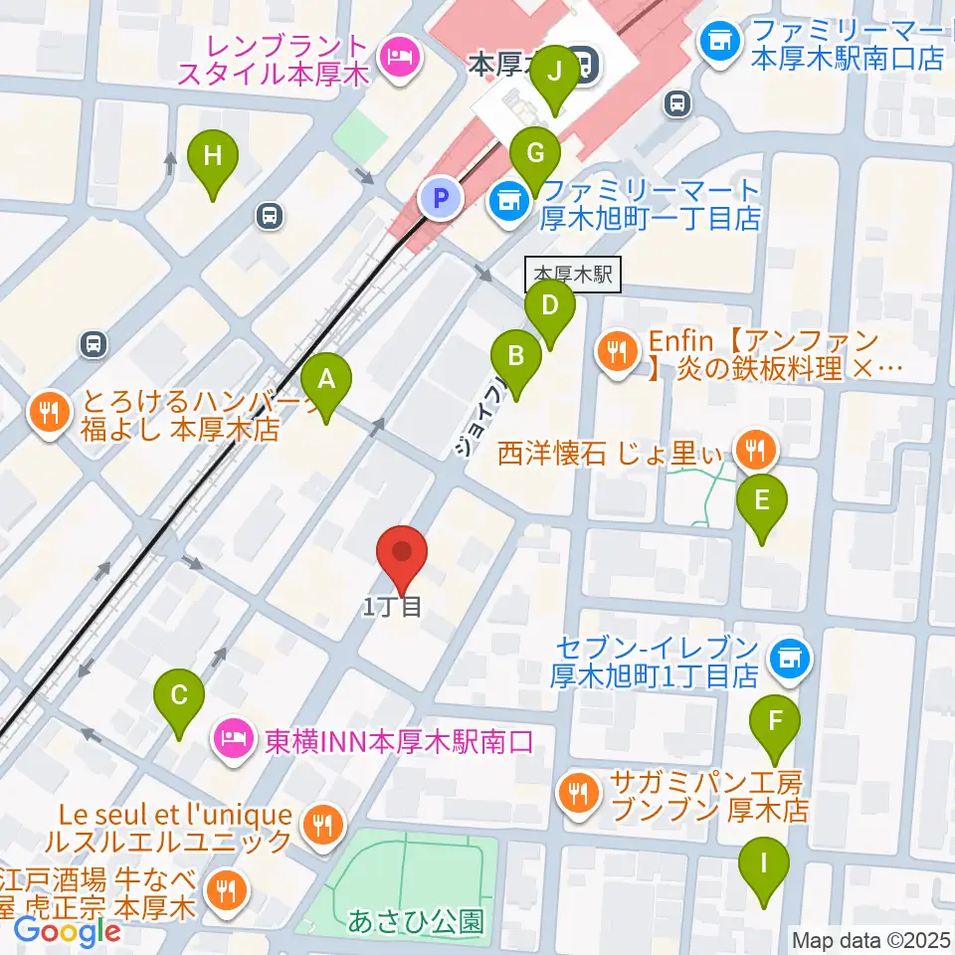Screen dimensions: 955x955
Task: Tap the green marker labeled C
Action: click(x=179, y=695)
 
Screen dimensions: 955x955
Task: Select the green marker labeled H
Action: click(x=212, y=156)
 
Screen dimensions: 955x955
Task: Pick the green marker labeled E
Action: click(x=762, y=500)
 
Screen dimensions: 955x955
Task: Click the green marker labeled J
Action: click(x=554, y=73)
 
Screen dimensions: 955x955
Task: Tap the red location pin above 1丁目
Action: click(x=402, y=554)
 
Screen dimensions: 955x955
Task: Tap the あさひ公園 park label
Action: click(x=416, y=921)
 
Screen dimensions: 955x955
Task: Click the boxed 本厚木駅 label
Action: click(x=573, y=273)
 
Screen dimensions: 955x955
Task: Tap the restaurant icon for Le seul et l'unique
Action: click(x=322, y=824)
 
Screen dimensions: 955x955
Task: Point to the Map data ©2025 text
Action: click(x=870, y=939)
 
